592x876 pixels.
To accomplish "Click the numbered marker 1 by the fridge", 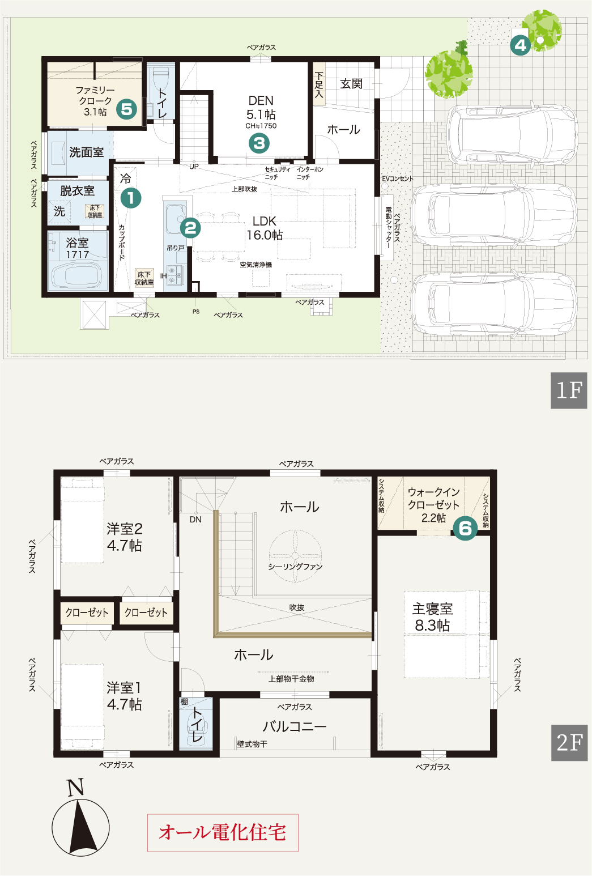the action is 131,198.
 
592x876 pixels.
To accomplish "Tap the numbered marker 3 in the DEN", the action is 259,143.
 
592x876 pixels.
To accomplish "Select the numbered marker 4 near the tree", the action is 521,45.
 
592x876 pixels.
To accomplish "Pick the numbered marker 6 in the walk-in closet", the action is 465,529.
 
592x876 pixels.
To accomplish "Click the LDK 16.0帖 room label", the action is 265,228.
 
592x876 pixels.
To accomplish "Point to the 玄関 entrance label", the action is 351,84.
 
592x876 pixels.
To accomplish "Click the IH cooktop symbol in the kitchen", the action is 175,275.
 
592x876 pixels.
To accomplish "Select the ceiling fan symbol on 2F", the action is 295,556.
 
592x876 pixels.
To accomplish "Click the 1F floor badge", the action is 569,390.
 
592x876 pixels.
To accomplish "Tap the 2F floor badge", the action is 569,742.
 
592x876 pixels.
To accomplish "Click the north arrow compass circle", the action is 80,827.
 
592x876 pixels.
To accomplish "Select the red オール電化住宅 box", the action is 223,832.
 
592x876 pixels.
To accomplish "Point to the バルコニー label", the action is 295,726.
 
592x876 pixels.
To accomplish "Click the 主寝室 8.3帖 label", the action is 432,616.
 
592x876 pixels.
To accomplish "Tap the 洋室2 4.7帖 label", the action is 125,537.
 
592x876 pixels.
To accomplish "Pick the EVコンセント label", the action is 397,178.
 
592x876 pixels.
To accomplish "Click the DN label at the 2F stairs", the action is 195,520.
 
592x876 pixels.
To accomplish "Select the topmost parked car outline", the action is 512,135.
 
